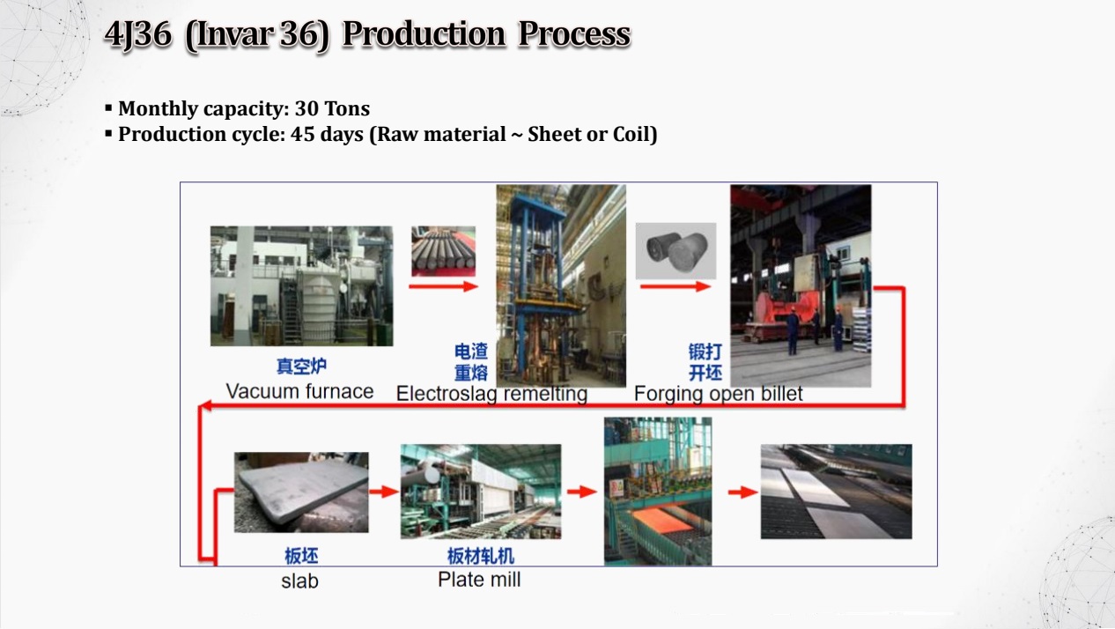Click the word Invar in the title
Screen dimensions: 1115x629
click(232, 35)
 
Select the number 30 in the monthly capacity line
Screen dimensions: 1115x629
click(307, 108)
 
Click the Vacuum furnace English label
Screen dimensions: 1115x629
click(299, 391)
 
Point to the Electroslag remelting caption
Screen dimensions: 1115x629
click(491, 394)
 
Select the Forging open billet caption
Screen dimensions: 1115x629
click(719, 394)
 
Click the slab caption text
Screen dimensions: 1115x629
click(299, 581)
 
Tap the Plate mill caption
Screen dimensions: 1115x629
click(479, 580)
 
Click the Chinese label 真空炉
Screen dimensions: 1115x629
click(301, 366)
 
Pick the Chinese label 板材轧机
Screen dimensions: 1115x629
click(480, 556)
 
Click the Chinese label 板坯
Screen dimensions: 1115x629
click(301, 556)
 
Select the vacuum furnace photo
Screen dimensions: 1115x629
click(301, 285)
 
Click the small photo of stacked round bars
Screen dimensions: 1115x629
click(444, 251)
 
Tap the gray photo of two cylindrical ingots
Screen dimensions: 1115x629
click(676, 250)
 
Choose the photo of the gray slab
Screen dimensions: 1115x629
click(301, 492)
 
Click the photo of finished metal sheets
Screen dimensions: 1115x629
click(837, 492)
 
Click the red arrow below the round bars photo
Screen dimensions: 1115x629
click(444, 286)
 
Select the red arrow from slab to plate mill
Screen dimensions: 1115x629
click(384, 492)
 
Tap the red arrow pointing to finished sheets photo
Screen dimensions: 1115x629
click(743, 492)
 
